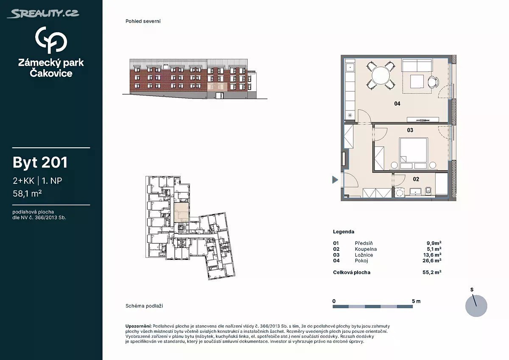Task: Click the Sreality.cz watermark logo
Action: [43, 14]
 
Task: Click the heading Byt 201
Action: [40, 162]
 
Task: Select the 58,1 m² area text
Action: [27, 194]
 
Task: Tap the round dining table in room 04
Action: [380, 76]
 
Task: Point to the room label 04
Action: [397, 104]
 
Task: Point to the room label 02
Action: [416, 179]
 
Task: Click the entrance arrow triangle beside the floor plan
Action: [335, 180]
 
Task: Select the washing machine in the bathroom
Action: [399, 192]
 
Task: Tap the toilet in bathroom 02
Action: [428, 191]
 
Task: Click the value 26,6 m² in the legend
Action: [432, 261]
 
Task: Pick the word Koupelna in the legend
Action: [366, 249]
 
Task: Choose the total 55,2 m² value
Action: [432, 272]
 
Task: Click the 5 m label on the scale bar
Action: [416, 301]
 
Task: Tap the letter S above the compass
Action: [472, 290]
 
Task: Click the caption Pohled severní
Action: [143, 21]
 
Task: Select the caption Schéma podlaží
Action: [144, 306]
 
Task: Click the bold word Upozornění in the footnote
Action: [138, 326]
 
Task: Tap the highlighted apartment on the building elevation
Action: [217, 87]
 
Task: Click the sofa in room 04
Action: [417, 65]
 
